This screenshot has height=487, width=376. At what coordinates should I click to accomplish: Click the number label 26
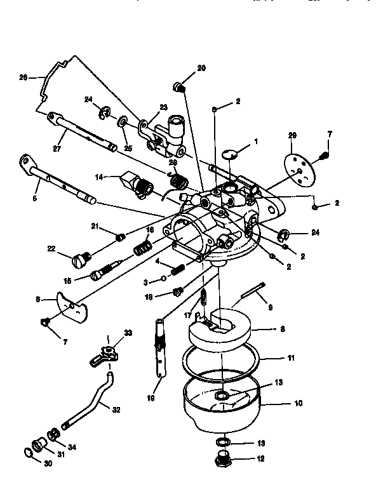(x=23, y=77)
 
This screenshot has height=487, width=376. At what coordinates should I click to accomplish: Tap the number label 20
(x=201, y=67)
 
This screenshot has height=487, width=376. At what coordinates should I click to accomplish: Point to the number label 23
(x=163, y=107)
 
